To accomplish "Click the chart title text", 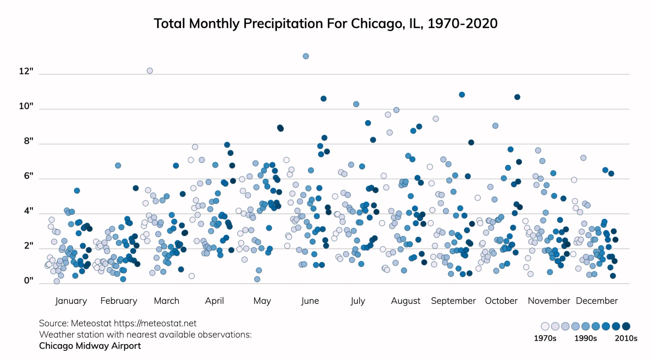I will click(325, 23).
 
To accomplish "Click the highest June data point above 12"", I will click(306, 56).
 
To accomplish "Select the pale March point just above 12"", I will click(150, 71).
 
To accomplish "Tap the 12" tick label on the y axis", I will click(26, 71).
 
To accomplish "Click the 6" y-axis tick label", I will click(29, 176).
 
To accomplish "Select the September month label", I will click(453, 301).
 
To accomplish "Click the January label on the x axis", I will click(71, 301).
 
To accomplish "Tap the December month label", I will click(597, 301).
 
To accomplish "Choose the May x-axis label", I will click(262, 301).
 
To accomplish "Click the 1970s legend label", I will click(545, 338).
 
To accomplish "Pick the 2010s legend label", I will click(626, 338).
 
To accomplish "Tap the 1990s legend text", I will click(585, 338).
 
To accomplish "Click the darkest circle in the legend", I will click(626, 326).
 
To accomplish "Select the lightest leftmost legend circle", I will click(545, 326).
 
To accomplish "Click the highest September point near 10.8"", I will click(462, 95).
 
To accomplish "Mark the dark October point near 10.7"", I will click(517, 97).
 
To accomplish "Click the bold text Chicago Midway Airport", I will click(90, 346).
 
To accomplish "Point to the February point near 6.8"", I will click(118, 166).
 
